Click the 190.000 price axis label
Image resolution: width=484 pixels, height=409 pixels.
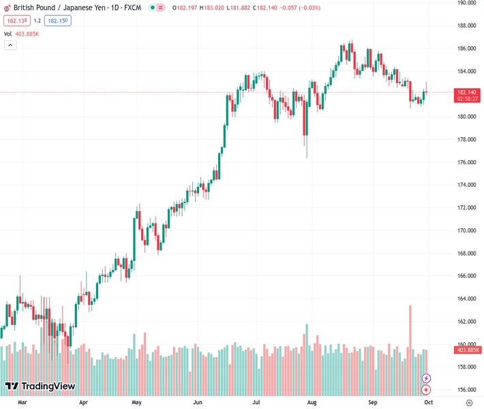coord(466,3)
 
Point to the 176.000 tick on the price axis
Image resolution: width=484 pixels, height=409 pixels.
coord(466,162)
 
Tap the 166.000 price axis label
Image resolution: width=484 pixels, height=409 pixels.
coord(466,276)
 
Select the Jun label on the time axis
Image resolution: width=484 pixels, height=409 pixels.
coord(197,403)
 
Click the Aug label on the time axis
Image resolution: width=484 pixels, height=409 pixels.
coord(312,403)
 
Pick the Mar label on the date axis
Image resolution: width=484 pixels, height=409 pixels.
coord(22,403)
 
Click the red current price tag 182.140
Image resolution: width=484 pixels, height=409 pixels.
coord(467,92)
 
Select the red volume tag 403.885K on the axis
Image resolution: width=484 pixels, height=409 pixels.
coord(468,350)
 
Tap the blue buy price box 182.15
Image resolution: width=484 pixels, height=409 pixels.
coord(57,20)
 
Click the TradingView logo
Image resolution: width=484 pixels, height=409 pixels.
coord(40,387)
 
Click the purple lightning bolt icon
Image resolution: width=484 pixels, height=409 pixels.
coord(427,378)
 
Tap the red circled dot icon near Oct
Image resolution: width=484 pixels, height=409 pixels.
coord(427,390)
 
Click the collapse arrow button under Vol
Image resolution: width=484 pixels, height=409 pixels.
coord(10,45)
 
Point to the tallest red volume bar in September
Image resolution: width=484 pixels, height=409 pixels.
coord(410,341)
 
